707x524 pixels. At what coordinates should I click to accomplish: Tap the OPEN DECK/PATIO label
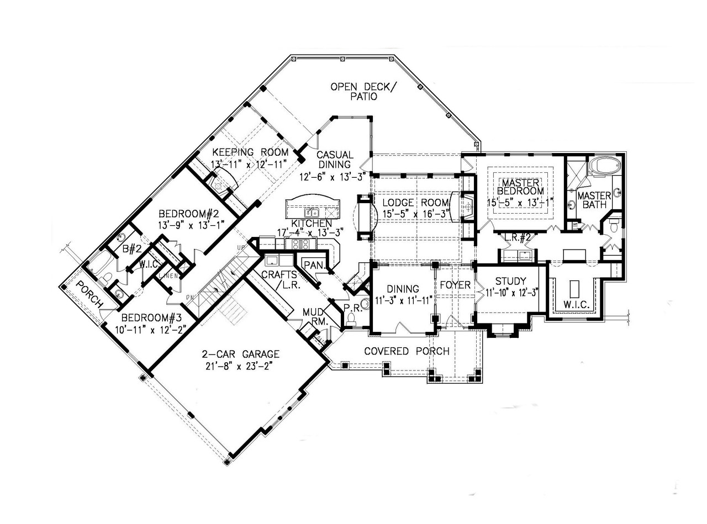click(x=362, y=91)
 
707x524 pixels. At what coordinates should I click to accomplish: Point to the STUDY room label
click(x=510, y=280)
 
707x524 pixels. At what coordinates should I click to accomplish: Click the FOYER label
click(x=455, y=285)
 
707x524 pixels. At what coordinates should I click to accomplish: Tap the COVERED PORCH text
click(x=407, y=351)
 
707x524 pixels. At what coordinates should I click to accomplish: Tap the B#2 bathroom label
click(x=131, y=249)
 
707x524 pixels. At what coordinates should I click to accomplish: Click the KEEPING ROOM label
click(x=250, y=152)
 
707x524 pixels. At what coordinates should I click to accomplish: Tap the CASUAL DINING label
click(x=334, y=160)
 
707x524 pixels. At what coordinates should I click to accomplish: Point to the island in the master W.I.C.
click(x=573, y=289)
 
